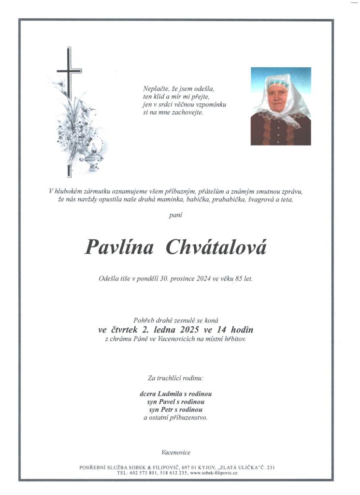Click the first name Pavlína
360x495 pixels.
119,247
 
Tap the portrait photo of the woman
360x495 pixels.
280,106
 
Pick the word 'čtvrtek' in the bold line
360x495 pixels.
123,330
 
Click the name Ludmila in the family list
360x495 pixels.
175,393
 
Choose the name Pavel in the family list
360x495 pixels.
168,402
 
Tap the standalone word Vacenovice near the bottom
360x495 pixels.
176,452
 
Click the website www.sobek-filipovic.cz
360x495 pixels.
214,473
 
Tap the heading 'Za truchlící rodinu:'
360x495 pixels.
176,377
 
